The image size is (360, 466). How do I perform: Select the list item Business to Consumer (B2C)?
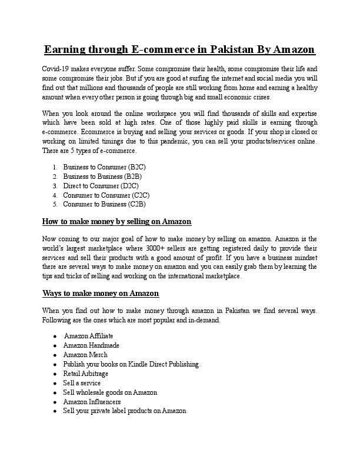pyautogui.click(x=104, y=168)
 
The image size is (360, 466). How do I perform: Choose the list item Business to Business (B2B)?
pyautogui.click(x=102, y=177)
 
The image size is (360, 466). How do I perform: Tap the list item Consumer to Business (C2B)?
pyautogui.click(x=104, y=204)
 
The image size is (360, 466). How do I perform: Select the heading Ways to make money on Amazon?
pyautogui.click(x=101, y=293)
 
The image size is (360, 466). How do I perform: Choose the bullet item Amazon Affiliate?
pyautogui.click(x=88, y=336)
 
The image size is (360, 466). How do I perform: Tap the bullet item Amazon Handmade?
pyautogui.click(x=91, y=345)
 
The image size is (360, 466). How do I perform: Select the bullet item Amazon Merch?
pyautogui.click(x=85, y=355)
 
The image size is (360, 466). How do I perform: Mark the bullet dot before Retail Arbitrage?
pyautogui.click(x=55, y=374)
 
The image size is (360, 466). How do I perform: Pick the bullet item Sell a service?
pyautogui.click(x=82, y=383)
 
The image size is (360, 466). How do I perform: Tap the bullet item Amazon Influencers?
pyautogui.click(x=92, y=401)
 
